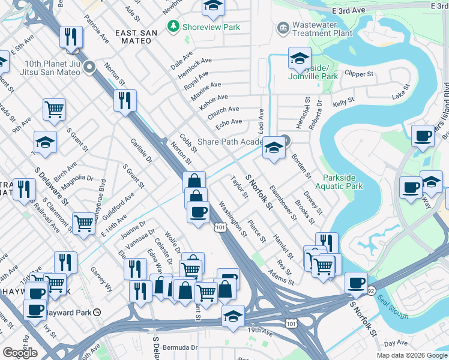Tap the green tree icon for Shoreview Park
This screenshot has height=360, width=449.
click(x=173, y=26)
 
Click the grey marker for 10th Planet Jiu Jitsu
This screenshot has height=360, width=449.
click(x=90, y=67)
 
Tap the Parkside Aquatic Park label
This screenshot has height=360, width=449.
click(x=343, y=182)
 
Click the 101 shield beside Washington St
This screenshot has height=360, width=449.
click(x=220, y=227)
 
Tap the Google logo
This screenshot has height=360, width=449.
click(x=20, y=352)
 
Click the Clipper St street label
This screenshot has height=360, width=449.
click(x=359, y=74)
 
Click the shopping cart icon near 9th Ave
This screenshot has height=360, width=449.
click(x=54, y=109)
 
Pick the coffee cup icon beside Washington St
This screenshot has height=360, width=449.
click(x=198, y=212)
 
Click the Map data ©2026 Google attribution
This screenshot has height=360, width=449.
click(x=411, y=355)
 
